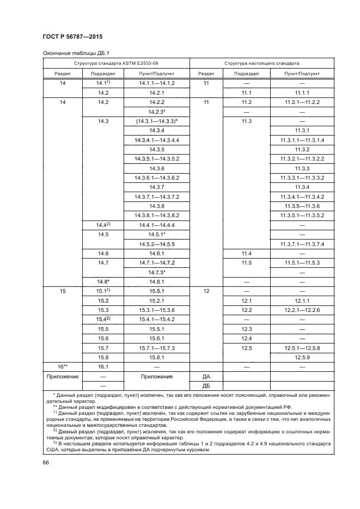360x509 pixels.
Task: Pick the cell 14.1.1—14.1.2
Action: (156, 83)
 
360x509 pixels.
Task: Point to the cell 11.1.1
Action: (302, 93)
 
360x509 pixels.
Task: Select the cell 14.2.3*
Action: (156, 112)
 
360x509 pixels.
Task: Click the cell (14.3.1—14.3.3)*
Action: (156, 121)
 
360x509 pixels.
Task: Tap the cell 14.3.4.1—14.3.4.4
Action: (156, 140)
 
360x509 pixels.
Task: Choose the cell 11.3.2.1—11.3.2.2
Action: (302, 158)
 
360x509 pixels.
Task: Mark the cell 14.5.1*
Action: (156, 234)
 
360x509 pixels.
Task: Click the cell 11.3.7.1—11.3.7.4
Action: (302, 244)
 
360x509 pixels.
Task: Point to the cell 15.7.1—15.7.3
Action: (156, 347)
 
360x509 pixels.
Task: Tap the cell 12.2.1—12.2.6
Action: (302, 310)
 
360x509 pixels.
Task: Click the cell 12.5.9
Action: (302, 357)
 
